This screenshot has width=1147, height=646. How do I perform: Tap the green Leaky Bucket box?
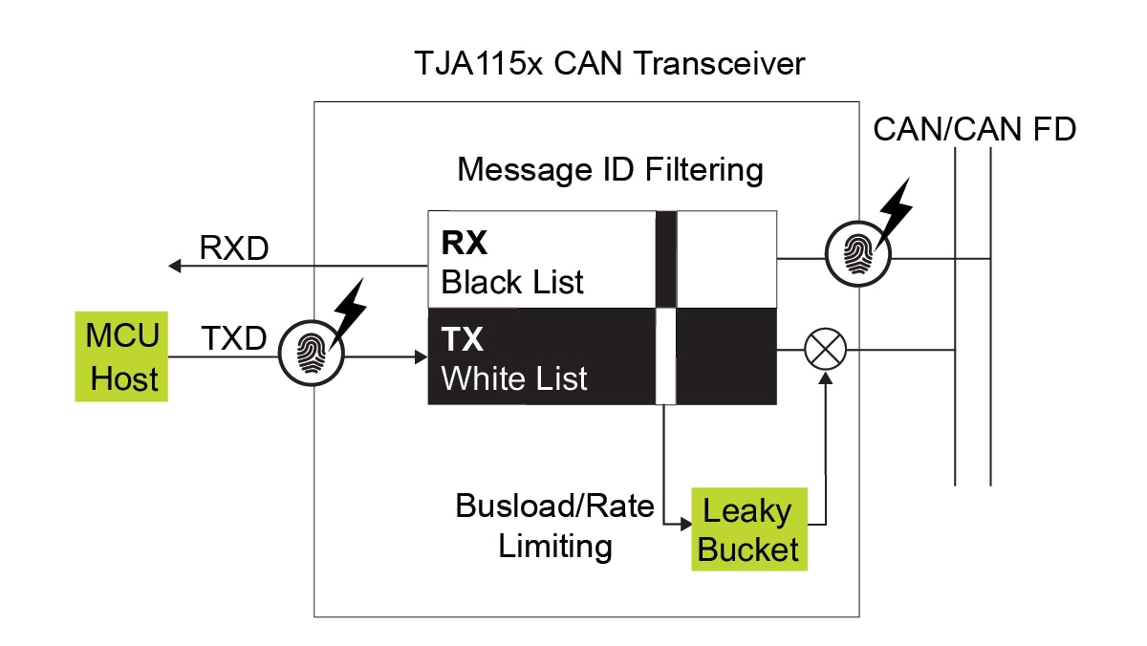[x=748, y=529]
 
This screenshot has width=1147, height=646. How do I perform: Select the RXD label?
[x=234, y=248]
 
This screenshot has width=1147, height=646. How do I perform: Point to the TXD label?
[x=234, y=337]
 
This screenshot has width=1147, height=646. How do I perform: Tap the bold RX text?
[x=465, y=244]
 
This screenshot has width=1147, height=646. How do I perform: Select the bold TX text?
[x=464, y=338]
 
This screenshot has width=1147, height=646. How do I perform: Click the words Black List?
[x=512, y=283]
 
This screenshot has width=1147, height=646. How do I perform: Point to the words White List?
[x=514, y=378]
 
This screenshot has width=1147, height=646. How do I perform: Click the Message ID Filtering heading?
[x=610, y=170]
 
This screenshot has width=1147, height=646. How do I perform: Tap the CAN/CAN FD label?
[x=975, y=129]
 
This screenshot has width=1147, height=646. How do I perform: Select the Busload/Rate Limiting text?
[x=554, y=526]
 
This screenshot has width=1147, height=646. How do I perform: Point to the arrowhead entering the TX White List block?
[x=421, y=357]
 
